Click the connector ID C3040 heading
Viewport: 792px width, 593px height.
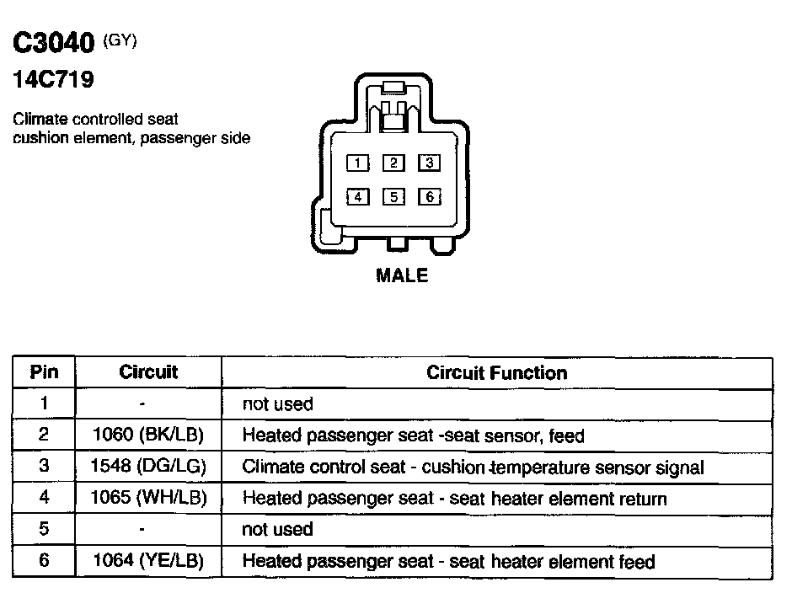(x=54, y=44)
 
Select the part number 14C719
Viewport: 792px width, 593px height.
(x=52, y=82)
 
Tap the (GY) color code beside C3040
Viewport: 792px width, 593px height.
(x=119, y=40)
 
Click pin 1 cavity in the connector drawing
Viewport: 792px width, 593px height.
(x=359, y=163)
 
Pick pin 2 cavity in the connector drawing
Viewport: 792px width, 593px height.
(x=393, y=163)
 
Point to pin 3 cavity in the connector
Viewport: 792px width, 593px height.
(x=429, y=163)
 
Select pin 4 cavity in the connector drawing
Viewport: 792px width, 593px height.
(x=359, y=197)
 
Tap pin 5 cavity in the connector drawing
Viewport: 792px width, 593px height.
(x=393, y=197)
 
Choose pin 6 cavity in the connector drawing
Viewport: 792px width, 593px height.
(x=429, y=197)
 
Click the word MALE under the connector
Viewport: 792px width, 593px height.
(x=402, y=276)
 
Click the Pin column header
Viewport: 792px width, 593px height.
(x=44, y=372)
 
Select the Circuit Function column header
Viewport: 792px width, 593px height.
(x=496, y=372)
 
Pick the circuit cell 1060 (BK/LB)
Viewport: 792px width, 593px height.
(x=147, y=435)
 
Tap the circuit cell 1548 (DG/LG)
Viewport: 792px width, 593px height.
(x=148, y=467)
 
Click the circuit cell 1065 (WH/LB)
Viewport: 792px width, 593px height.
(x=148, y=498)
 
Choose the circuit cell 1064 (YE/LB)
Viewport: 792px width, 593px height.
(x=147, y=561)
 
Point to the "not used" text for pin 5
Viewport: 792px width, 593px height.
(x=277, y=530)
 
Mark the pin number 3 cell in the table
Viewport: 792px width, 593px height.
(x=44, y=467)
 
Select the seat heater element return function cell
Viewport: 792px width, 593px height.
(x=454, y=499)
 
